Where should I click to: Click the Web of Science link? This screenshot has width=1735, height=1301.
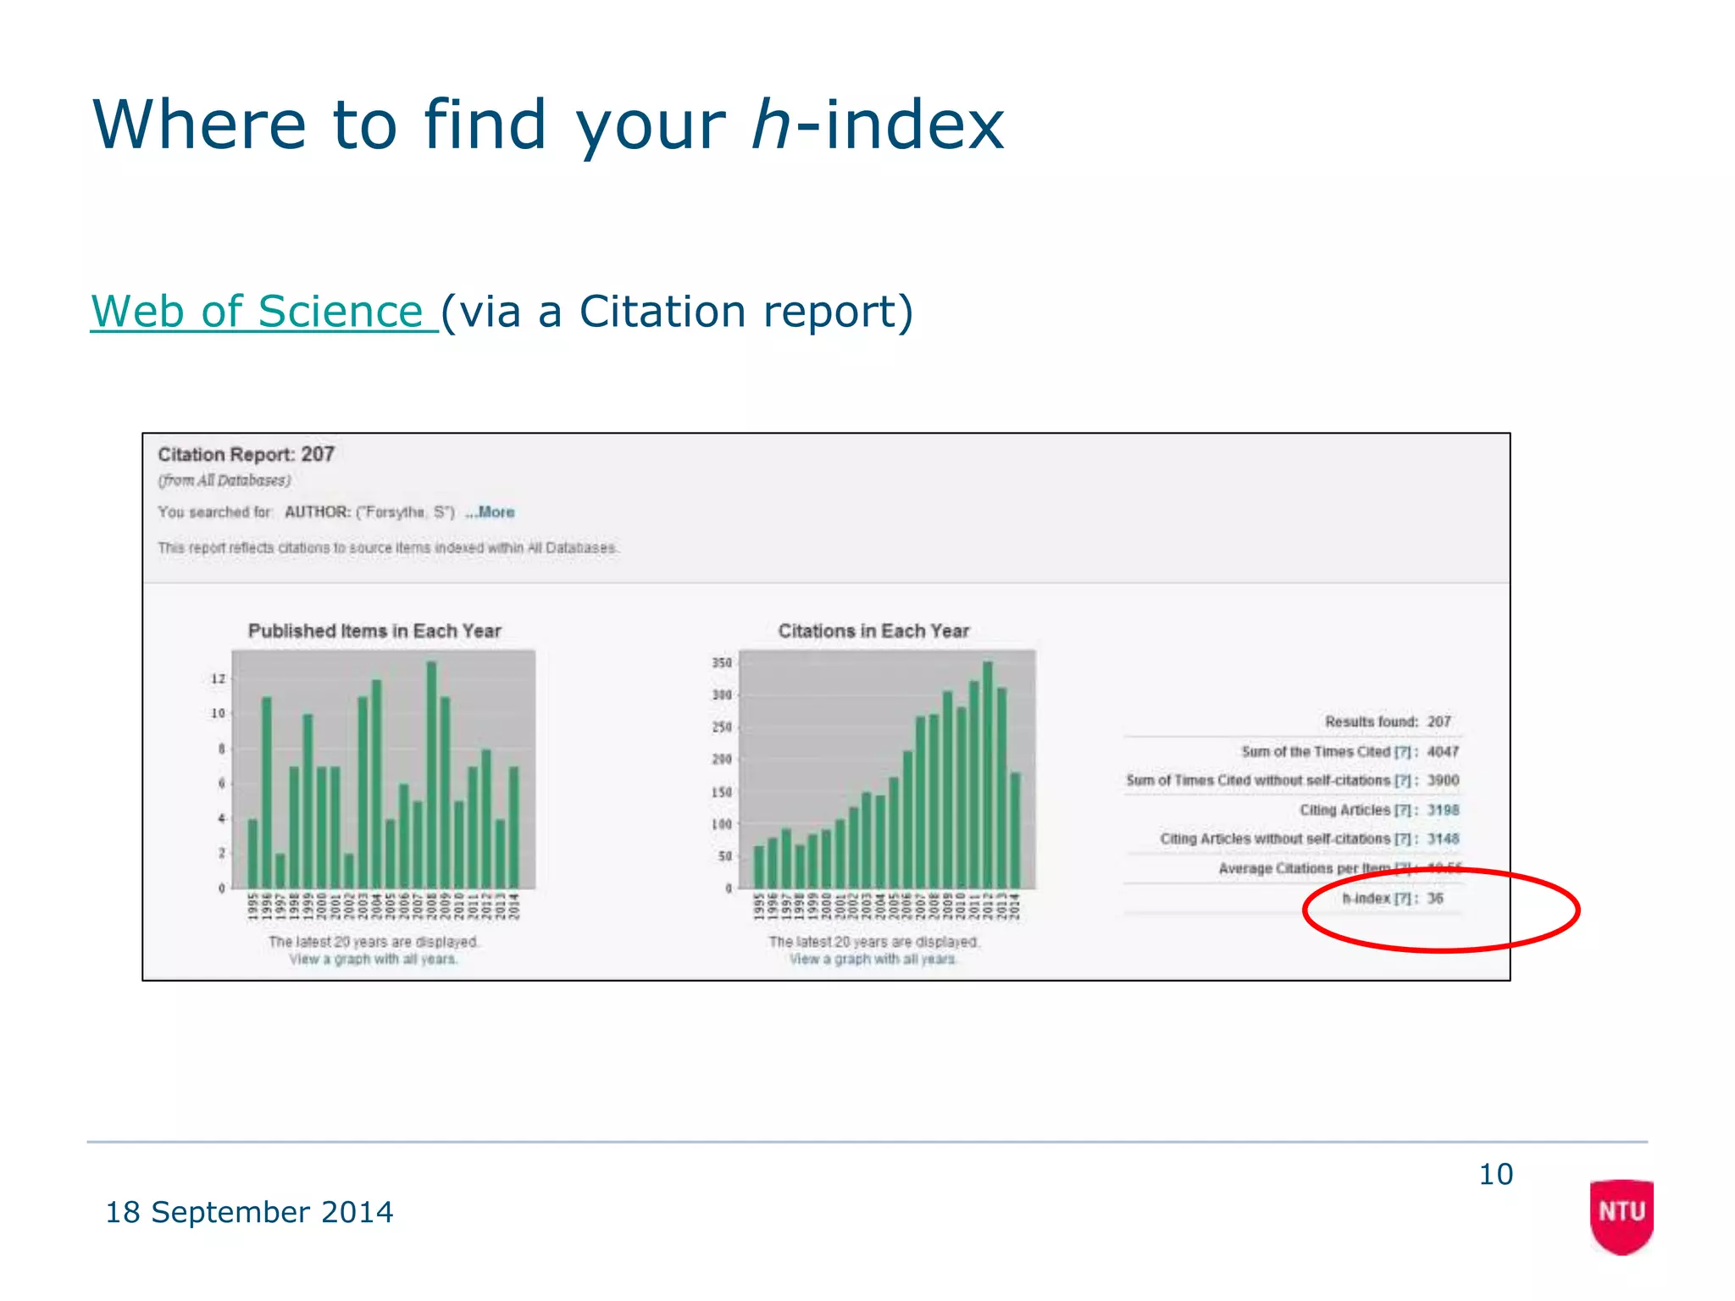click(x=263, y=312)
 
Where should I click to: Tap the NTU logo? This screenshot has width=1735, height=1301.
click(x=1621, y=1213)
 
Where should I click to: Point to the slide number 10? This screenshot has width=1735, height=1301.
click(x=1495, y=1174)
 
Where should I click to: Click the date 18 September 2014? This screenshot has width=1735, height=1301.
click(x=249, y=1212)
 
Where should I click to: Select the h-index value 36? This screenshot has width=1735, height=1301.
click(x=1434, y=898)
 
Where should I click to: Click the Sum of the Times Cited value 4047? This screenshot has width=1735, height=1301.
click(x=1443, y=751)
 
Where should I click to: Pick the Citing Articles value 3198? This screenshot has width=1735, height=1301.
click(x=1443, y=810)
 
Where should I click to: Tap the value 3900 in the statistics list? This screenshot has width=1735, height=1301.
click(x=1443, y=780)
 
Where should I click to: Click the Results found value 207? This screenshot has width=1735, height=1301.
click(x=1438, y=722)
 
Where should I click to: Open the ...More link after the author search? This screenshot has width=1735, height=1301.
click(x=491, y=512)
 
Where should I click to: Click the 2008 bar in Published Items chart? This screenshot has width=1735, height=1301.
click(x=431, y=774)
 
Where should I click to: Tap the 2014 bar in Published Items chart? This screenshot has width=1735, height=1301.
click(x=513, y=827)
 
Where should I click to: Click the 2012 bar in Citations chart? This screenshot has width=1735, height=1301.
click(x=988, y=774)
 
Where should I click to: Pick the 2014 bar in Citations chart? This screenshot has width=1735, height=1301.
click(x=1015, y=830)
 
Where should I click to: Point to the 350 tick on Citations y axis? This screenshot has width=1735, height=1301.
click(x=721, y=662)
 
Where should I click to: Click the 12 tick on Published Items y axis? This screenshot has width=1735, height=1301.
click(x=219, y=678)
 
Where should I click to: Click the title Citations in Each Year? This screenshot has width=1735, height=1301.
click(x=873, y=631)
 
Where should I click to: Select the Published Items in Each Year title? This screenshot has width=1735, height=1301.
click(x=374, y=631)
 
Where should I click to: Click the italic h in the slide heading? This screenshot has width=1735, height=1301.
click(x=770, y=125)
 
